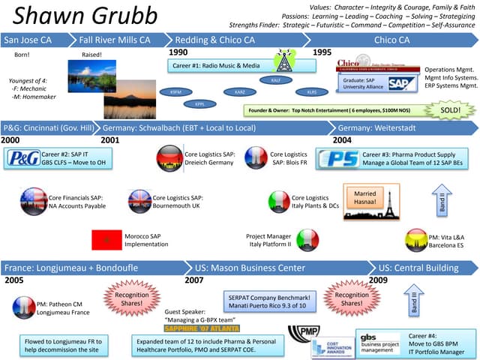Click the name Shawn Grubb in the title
click(x=85, y=16)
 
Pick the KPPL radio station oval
click(x=199, y=103)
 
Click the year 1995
click(x=322, y=52)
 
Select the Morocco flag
click(x=106, y=240)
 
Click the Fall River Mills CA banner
click(x=116, y=39)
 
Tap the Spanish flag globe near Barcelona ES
click(x=417, y=240)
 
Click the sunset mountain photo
click(x=130, y=98)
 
